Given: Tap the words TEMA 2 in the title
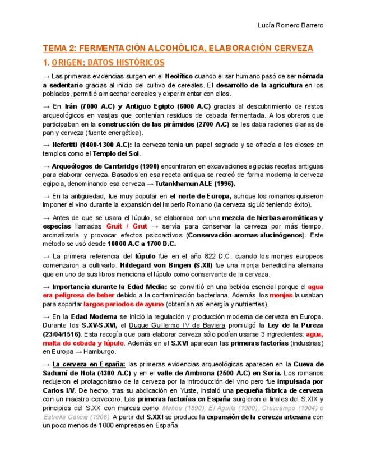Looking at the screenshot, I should pyautogui.click(x=59, y=49).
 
